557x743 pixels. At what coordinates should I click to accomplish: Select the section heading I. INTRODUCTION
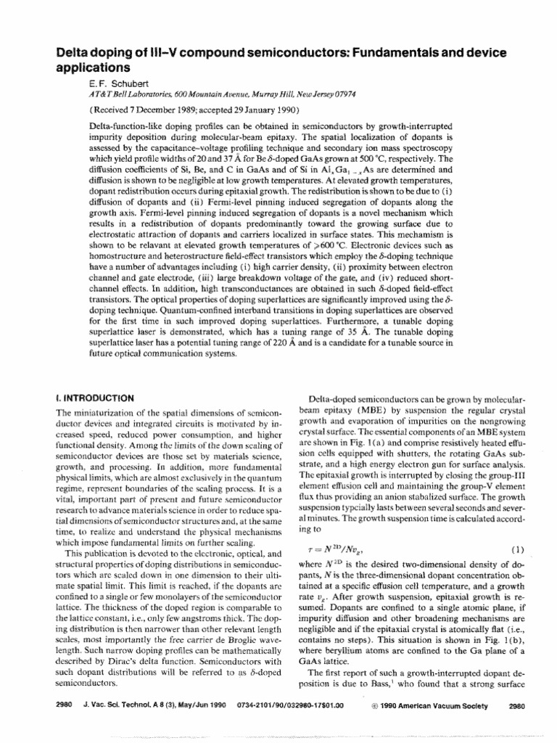94,397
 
